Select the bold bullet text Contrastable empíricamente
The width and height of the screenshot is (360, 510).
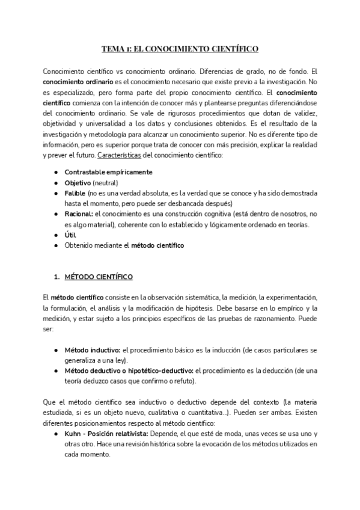point(108,172)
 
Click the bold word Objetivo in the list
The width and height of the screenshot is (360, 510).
point(78,182)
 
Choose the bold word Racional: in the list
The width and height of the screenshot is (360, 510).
point(79,214)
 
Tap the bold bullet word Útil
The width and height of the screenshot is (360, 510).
point(70,235)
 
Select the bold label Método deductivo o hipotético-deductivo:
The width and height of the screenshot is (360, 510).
point(129,370)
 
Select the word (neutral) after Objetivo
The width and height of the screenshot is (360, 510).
point(106,182)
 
